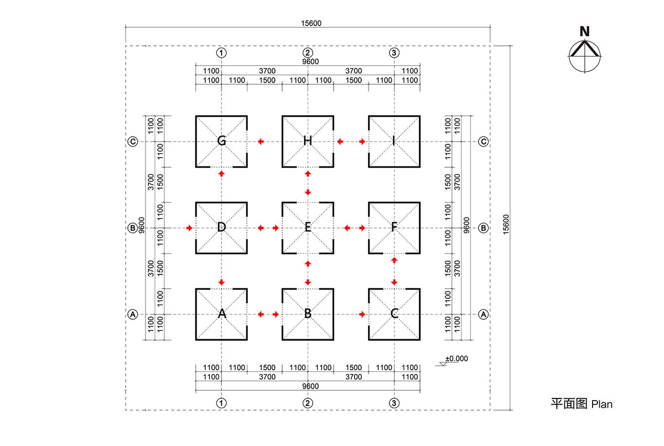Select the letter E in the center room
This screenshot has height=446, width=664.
coord(308,227)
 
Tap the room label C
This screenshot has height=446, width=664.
coord(394,314)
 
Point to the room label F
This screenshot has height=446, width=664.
coord(394,227)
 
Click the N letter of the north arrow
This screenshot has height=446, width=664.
coord(584,32)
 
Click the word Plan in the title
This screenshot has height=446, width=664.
coord(602,404)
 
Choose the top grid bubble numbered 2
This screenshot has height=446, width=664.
coord(308,53)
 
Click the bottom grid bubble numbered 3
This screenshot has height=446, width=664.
coord(394,402)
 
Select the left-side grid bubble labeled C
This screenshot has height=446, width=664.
coord(133,142)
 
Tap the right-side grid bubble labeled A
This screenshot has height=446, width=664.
coord(483,314)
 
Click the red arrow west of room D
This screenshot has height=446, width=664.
coord(189,227)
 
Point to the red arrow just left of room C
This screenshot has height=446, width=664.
coord(362,314)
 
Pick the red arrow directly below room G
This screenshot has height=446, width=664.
coord(221,174)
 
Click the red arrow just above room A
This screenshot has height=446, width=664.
coord(221,282)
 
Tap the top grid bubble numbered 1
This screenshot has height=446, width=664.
coord(221,53)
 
